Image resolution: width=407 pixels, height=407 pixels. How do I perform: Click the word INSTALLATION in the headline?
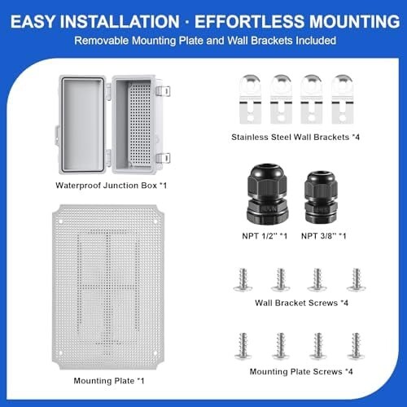pyautogui.click(x=120, y=22)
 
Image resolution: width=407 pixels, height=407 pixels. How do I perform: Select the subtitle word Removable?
pyautogui.click(x=102, y=41)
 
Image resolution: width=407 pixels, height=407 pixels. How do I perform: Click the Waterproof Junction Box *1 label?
pyautogui.click(x=111, y=186)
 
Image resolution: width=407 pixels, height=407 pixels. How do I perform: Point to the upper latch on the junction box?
pyautogui.click(x=163, y=91)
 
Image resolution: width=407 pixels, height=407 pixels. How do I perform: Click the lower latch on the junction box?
pyautogui.click(x=163, y=158)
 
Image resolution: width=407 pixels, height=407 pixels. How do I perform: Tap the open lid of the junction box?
pyautogui.click(x=82, y=125)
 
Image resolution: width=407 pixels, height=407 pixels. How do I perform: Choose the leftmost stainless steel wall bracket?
pyautogui.click(x=250, y=99)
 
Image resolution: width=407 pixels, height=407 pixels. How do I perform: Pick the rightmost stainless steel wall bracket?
pyautogui.click(x=343, y=99)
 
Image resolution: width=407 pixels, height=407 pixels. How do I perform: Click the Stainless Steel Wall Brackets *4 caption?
pyautogui.click(x=295, y=138)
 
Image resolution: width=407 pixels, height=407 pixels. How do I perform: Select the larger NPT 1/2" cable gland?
pyautogui.click(x=266, y=194)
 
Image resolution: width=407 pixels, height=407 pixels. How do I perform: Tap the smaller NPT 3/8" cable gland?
pyautogui.click(x=321, y=196)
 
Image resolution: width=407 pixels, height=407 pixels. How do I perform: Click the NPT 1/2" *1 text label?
pyautogui.click(x=265, y=236)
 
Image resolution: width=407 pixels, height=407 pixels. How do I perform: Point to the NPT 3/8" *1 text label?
pyautogui.click(x=324, y=236)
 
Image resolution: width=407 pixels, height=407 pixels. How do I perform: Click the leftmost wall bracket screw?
pyautogui.click(x=243, y=280)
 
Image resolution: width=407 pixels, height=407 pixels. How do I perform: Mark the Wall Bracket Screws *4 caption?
pyautogui.click(x=301, y=303)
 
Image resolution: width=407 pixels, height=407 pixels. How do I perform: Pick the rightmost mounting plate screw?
pyautogui.click(x=356, y=346)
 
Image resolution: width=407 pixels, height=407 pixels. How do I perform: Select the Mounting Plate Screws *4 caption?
pyautogui.click(x=301, y=371)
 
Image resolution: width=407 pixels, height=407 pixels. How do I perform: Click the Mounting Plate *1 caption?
pyautogui.click(x=109, y=381)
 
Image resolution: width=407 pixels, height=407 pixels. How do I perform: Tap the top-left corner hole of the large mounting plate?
pyautogui.click(x=61, y=221)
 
